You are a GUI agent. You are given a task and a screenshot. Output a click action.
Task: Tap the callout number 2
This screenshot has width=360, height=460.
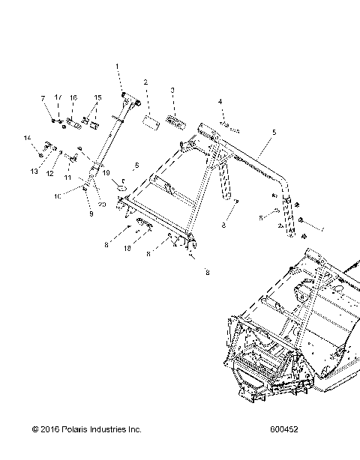pyautogui.click(x=145, y=82)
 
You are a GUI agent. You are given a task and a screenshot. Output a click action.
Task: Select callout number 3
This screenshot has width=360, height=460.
pyautogui.click(x=172, y=90)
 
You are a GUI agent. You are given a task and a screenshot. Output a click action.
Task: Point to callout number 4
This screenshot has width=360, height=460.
pyautogui.click(x=220, y=101)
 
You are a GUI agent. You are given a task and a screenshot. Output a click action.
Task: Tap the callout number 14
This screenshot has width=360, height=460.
pyautogui.click(x=28, y=137)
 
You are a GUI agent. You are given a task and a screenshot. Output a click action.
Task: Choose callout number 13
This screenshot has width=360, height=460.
pyautogui.click(x=33, y=172)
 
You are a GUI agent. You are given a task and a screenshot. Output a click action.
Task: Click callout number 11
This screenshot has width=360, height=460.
pyautogui.click(x=67, y=178)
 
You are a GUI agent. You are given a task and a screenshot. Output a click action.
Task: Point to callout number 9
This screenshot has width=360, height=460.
pyautogui.click(x=91, y=214)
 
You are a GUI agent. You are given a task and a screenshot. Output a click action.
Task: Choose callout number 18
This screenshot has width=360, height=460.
pyautogui.click(x=127, y=246)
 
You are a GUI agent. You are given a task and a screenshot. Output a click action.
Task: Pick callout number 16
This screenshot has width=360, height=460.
pyautogui.click(x=73, y=98)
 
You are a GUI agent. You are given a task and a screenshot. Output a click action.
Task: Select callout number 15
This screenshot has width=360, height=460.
pyautogui.click(x=97, y=98)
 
